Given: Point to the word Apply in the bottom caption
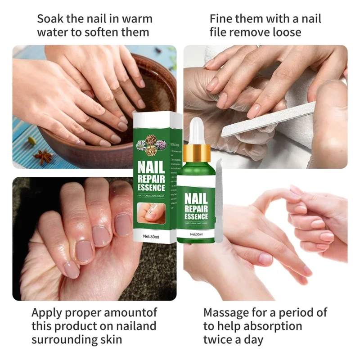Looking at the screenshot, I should (x=47, y=312).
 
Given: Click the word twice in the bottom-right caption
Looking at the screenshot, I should (x=219, y=339).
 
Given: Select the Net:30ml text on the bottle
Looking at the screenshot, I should (x=196, y=234).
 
